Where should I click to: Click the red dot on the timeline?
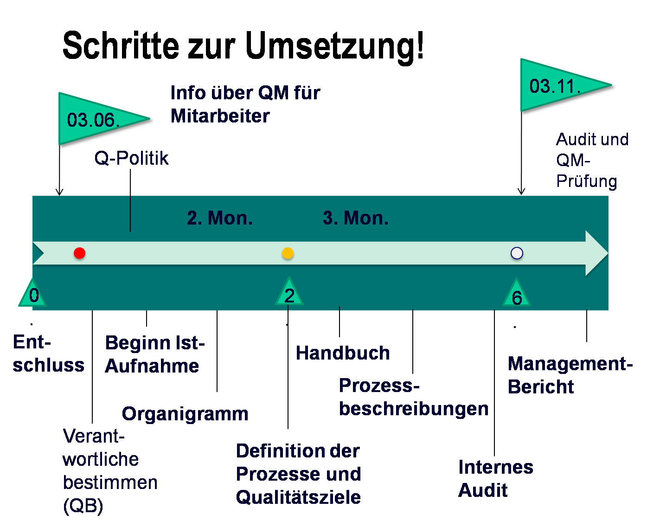[x=80, y=253]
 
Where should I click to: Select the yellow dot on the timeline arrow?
[x=288, y=253]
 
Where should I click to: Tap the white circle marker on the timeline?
[x=517, y=253]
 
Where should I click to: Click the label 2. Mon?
[x=220, y=218]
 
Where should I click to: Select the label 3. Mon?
[x=356, y=218]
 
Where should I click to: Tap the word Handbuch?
[x=343, y=353]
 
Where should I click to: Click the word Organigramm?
[x=185, y=414]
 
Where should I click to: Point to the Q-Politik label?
[x=131, y=158]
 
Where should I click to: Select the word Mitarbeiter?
[x=220, y=116]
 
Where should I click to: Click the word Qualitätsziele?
[x=298, y=497]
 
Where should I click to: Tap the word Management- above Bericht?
[x=570, y=364]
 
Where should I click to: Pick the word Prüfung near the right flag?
[x=587, y=181]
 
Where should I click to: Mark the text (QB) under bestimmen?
[x=83, y=506]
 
